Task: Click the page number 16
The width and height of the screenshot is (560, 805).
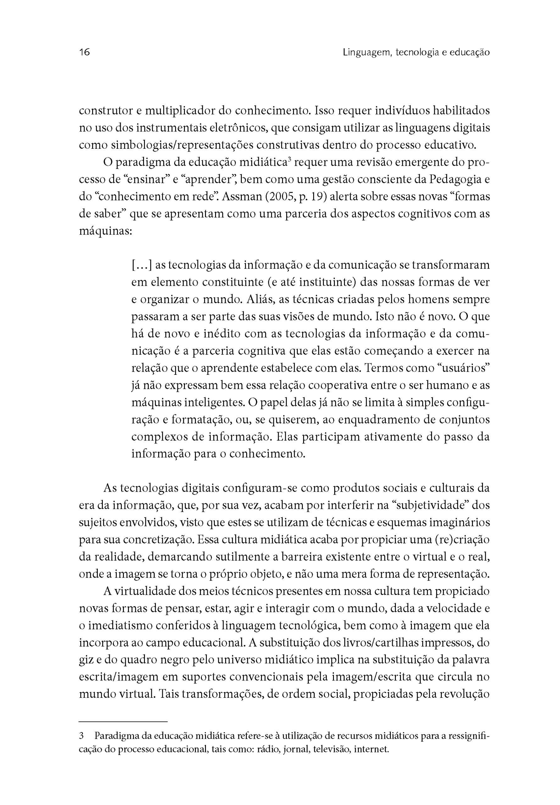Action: point(85,52)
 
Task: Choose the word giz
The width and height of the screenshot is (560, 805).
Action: point(86,661)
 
